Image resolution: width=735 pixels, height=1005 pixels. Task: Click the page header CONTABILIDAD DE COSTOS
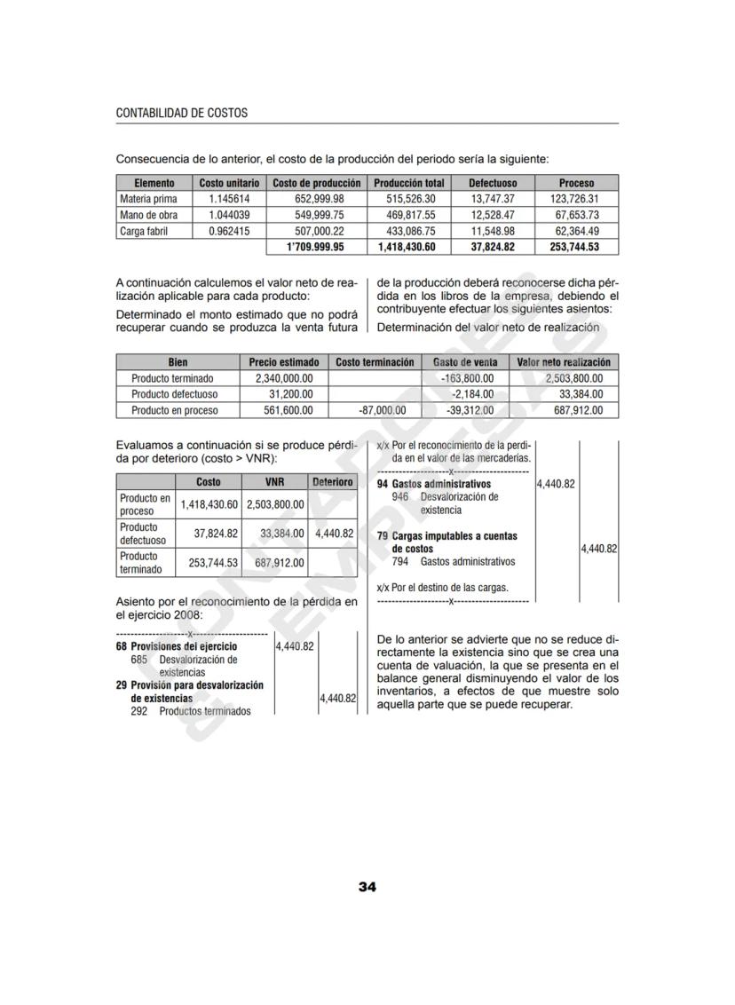click(182, 114)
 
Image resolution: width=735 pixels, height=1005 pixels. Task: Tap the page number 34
click(367, 886)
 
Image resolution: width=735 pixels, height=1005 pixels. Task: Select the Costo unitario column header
click(229, 183)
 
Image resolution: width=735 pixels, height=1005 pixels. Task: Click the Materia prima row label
click(148, 199)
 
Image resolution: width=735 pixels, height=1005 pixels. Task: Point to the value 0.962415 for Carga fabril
click(229, 231)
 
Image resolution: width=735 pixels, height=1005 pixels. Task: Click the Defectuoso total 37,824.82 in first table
click(493, 247)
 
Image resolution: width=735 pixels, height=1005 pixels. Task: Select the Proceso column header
click(576, 183)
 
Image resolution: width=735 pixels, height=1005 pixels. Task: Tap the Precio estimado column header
click(283, 362)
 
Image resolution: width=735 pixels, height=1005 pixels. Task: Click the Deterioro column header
click(333, 482)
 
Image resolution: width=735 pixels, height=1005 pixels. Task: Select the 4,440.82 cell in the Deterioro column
click(335, 534)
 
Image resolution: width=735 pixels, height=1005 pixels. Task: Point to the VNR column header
click(274, 482)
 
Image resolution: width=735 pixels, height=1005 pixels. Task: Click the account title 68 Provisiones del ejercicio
click(178, 647)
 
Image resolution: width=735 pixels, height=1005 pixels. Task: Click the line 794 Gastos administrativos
click(453, 562)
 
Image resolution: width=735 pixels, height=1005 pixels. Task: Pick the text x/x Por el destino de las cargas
click(443, 588)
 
